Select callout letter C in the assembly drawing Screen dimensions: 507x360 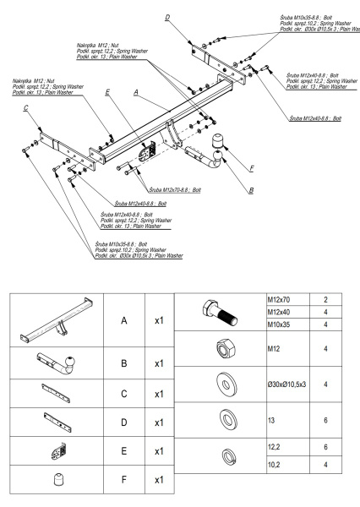tap(27, 109)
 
